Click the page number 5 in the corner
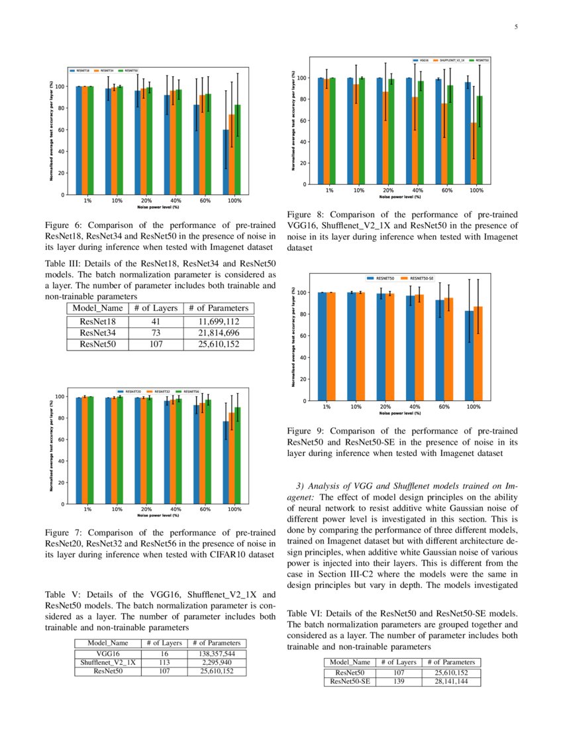click(516, 27)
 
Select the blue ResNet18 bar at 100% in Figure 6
click(226, 162)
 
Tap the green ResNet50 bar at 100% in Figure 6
click(238, 150)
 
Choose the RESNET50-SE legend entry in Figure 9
click(422, 279)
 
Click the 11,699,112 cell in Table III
click(219, 321)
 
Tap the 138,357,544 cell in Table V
click(218, 654)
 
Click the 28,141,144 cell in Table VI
click(453, 681)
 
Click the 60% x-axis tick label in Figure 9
click(444, 406)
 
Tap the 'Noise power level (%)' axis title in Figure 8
click(400, 196)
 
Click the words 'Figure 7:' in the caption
click(62, 532)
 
